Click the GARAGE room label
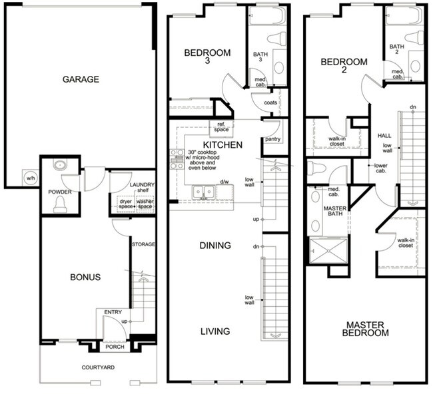coord(81,79)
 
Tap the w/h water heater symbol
coord(31,178)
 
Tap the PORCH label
coord(115,347)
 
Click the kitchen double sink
coord(203,192)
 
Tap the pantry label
coord(272,140)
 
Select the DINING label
coord(215,246)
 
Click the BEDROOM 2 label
coord(344,67)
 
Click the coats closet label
coord(270,102)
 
